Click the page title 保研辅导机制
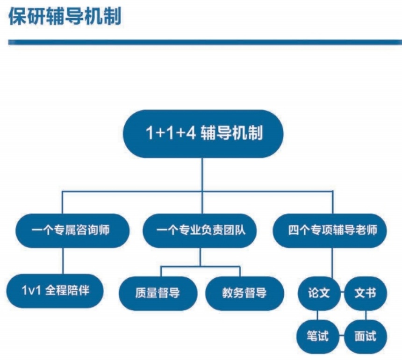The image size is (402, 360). tap(65, 16)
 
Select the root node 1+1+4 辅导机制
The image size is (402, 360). tap(203, 134)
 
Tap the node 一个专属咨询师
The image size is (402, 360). tap(72, 230)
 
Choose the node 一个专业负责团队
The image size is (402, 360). tap(200, 230)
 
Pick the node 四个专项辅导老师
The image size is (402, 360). tap(330, 230)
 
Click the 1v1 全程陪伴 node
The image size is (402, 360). tap(55, 291)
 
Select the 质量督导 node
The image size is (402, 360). tap(158, 293)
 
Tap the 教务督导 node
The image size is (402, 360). tap(244, 293)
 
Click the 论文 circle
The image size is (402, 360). tap(319, 293)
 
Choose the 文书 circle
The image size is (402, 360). tap(366, 293)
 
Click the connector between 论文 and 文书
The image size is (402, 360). tap(342, 293)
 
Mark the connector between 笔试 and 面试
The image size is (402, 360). tap(342, 336)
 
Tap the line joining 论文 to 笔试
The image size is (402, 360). tap(317, 315)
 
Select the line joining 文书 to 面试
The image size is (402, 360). tap(366, 315)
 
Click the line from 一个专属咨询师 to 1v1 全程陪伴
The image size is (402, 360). tap(63, 261)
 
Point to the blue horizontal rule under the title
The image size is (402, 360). tap(205, 42)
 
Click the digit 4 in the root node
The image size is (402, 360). tap(191, 133)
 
